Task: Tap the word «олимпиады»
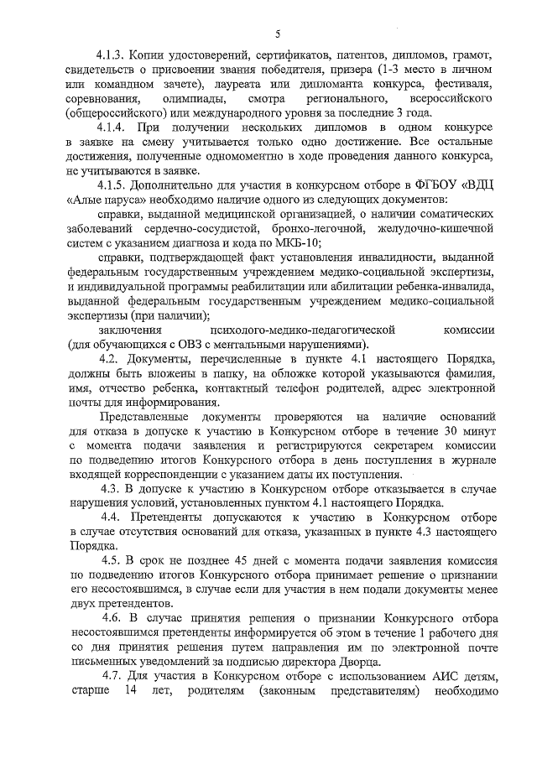(x=197, y=100)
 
